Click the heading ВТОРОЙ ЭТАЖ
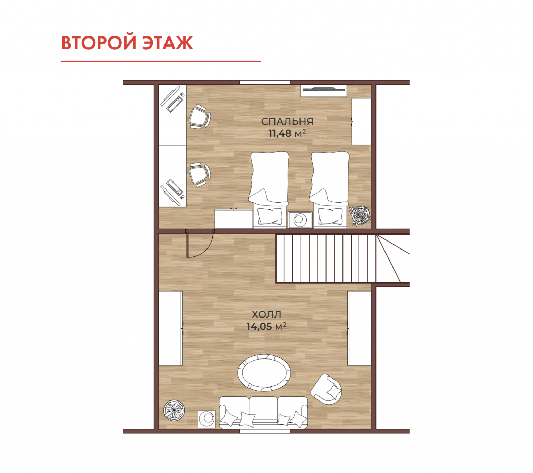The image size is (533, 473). (x=127, y=42)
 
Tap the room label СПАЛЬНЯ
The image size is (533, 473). (x=287, y=121)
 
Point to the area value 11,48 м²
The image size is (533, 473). (x=287, y=133)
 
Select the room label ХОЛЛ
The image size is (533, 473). (x=266, y=314)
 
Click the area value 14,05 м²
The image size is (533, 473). (x=266, y=327)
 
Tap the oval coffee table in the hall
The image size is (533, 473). (x=264, y=372)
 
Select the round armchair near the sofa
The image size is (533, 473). (x=326, y=389)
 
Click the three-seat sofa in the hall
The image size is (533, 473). (x=263, y=412)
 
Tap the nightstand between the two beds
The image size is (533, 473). (x=300, y=220)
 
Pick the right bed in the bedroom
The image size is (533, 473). (x=330, y=189)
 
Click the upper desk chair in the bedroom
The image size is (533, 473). (x=200, y=117)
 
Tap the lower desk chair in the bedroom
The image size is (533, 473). (x=200, y=175)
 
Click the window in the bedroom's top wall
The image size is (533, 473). (x=265, y=82)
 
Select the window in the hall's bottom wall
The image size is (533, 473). (x=265, y=431)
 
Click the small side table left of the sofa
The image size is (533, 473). (x=207, y=419)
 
